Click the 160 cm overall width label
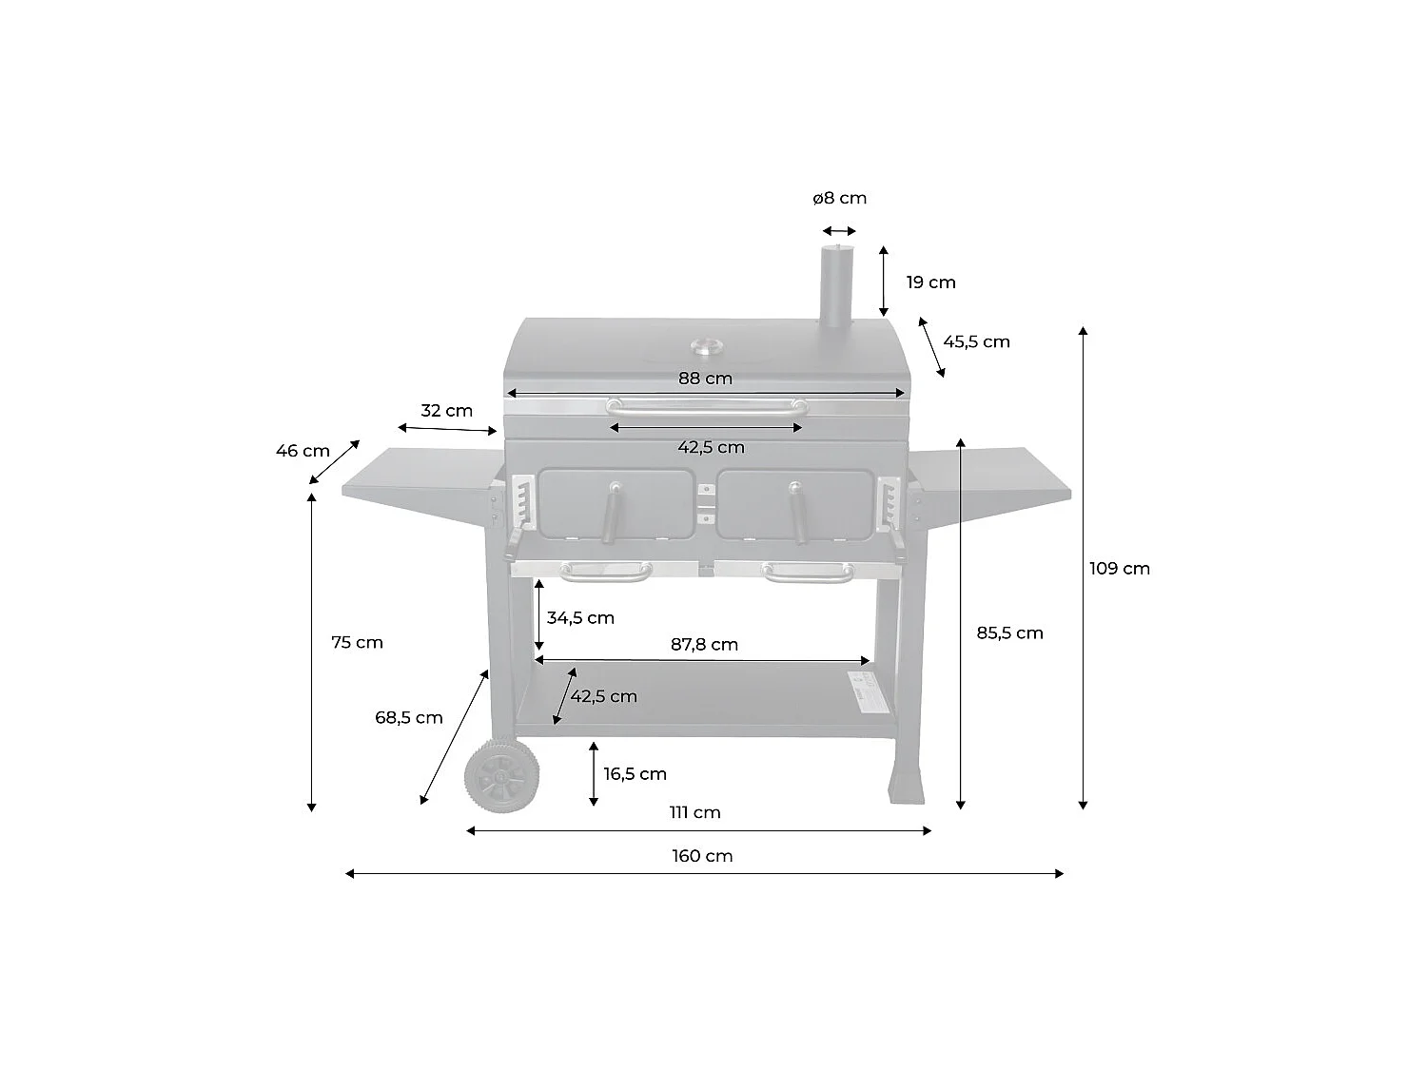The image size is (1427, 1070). coord(702,856)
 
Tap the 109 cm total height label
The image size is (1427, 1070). coord(1119,569)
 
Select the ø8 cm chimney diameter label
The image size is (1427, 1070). coord(839,199)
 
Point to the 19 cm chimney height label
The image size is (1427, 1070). coord(930,282)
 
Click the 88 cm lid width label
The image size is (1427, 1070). coord(705,379)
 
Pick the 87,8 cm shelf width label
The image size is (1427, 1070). coord(704,645)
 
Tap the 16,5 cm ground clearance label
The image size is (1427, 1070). coord(635,774)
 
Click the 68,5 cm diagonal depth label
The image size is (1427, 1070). coord(408,718)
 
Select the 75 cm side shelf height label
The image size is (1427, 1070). coord(357,643)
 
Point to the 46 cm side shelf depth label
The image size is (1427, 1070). coord(303,451)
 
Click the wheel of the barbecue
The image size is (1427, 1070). coord(500,777)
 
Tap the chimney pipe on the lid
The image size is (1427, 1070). coord(836,285)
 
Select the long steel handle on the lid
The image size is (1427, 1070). coord(706,407)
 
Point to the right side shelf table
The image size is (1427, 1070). coord(989,477)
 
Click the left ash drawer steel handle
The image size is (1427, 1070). coord(605,573)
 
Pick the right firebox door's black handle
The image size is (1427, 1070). coord(796,513)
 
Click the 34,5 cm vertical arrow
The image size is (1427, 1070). coord(538,616)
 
